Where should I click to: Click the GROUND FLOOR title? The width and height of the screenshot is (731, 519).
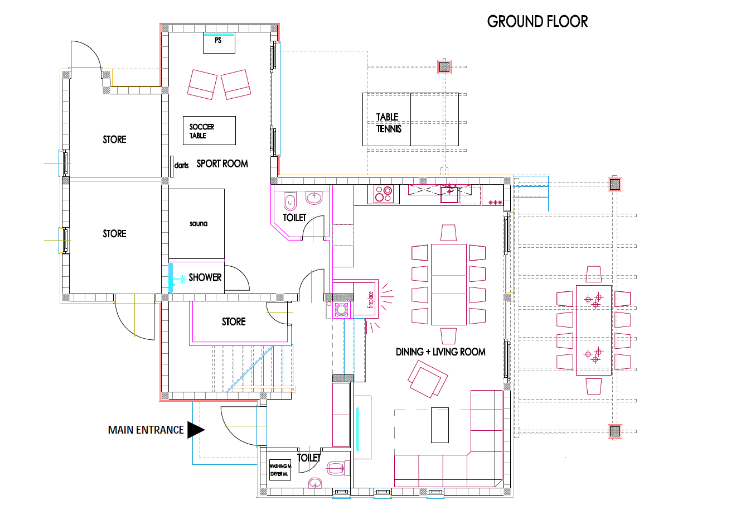pos(537,22)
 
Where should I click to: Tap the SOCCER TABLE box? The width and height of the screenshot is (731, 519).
pos(209,131)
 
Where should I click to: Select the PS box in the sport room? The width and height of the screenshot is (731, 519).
pos(219,43)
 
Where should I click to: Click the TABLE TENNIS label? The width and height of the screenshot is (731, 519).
pos(388,123)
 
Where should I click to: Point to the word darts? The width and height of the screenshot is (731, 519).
pos(181,165)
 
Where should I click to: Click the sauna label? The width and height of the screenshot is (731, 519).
pos(199,224)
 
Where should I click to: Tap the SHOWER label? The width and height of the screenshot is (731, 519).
pos(205,277)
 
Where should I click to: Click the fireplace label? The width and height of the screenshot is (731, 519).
pos(370,300)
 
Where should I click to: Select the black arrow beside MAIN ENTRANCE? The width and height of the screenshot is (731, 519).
pos(196,430)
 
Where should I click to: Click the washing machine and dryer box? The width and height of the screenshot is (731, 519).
pos(280,470)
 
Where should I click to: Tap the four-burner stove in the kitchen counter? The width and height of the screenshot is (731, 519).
pos(384,194)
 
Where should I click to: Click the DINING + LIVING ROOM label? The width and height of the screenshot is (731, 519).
pos(440,352)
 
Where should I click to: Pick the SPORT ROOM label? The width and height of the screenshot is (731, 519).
pos(222,164)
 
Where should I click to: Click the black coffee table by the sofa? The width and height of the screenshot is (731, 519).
pos(440,425)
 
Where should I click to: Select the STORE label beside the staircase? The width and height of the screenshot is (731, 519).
pos(234,321)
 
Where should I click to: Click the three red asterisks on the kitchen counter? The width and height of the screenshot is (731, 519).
pos(495,203)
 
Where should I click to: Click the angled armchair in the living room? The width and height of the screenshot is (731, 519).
pos(428,379)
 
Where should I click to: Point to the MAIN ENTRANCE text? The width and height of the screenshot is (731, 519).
pos(146,430)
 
